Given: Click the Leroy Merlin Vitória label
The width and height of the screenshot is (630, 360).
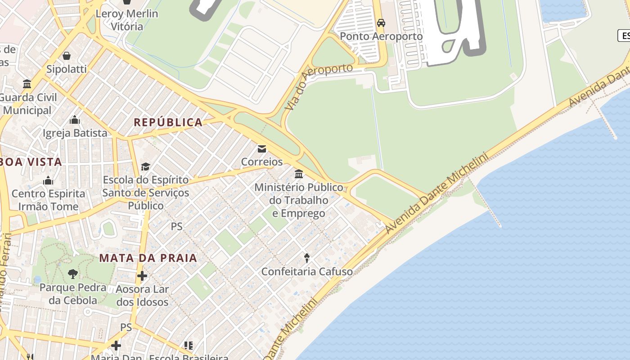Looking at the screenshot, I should [127, 20].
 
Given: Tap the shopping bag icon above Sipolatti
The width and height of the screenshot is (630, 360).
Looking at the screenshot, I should [67, 56].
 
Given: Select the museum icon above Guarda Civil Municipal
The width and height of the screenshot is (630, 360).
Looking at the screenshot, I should [27, 84].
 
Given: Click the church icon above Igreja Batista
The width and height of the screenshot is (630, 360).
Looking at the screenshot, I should [75, 120].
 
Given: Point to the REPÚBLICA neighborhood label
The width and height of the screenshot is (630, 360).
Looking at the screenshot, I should [168, 122].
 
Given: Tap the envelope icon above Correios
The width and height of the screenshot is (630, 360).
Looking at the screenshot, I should [261, 148].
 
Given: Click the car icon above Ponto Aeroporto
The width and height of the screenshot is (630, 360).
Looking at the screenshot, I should [381, 23].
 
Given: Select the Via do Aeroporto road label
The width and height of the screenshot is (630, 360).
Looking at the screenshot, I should [319, 86].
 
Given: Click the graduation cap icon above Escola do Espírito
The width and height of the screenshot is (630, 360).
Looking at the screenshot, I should [145, 167].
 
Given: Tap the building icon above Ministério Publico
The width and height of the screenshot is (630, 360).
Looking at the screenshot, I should [299, 174].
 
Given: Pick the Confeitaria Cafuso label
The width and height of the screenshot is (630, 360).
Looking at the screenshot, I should [307, 271].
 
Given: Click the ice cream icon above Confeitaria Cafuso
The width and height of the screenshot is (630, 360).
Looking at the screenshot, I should [307, 258].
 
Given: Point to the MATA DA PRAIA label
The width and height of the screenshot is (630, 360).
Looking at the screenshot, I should [148, 258].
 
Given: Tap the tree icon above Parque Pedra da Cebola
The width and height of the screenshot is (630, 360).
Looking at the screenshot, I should [72, 274].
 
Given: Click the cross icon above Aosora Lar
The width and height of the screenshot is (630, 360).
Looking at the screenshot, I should [142, 275].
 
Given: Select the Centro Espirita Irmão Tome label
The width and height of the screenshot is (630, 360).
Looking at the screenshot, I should [48, 200].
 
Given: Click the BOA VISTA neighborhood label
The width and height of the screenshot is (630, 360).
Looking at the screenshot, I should [31, 162].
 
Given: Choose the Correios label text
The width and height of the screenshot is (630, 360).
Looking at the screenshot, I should [262, 162].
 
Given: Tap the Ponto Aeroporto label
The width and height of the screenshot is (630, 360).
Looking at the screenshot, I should [381, 36].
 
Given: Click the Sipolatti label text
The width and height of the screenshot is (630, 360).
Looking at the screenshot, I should [67, 69].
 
